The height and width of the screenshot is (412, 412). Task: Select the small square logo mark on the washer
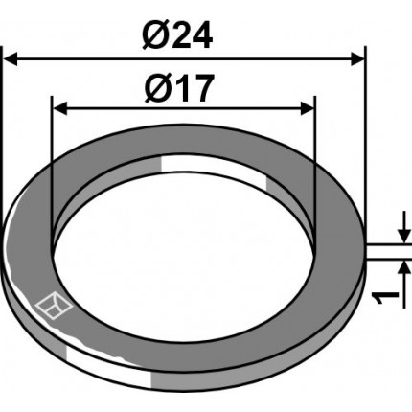(x=54, y=306)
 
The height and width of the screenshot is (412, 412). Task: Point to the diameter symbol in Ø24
(x=154, y=35)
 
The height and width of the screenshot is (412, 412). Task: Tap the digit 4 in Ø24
(x=201, y=35)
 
